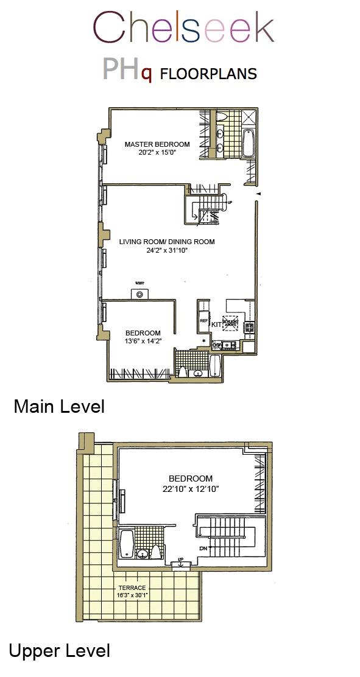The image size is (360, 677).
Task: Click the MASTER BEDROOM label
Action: [157, 144]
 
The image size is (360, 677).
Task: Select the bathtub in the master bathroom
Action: [249, 144]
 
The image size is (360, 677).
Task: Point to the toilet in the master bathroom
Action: [221, 117]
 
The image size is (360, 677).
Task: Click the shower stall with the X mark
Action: [249, 118]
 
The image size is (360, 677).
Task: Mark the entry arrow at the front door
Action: [258, 194]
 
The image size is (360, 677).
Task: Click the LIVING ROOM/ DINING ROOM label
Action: [166, 242]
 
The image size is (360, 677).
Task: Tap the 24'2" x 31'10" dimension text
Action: [166, 250]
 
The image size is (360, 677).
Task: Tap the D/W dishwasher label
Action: [216, 345]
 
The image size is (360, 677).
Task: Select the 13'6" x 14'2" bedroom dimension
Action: [143, 341]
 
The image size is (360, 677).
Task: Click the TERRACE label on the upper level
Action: [132, 588]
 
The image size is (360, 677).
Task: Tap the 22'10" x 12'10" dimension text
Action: [190, 488]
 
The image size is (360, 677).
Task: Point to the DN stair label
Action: [203, 548]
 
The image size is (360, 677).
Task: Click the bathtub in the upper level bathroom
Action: [127, 543]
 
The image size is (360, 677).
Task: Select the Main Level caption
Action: [58, 406]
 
